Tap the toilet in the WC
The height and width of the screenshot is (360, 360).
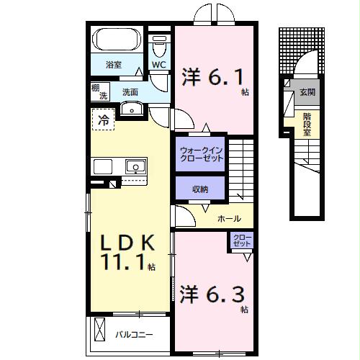point(161,48)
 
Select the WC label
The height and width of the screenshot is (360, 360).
point(160,64)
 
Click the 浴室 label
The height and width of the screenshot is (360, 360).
point(114,65)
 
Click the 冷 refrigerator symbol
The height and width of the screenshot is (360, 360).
point(103,120)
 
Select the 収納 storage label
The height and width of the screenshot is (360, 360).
point(199,189)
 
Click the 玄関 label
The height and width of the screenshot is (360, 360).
point(307,92)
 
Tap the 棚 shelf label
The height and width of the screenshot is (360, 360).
point(95,88)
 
